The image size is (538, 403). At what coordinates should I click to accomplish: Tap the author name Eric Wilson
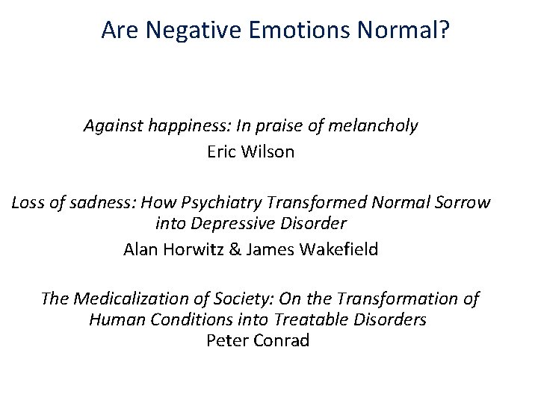250,152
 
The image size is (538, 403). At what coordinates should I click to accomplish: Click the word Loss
28,201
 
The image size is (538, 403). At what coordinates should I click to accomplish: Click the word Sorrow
464,201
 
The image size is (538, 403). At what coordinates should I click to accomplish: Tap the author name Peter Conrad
257,341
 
